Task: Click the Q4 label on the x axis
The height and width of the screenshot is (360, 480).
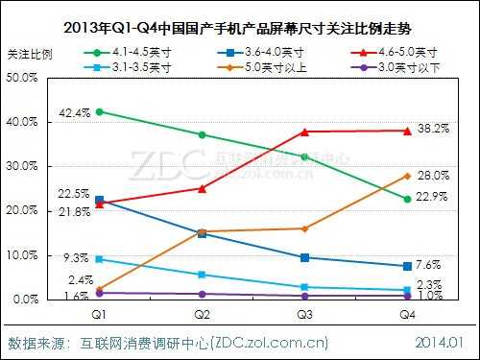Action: click(407, 315)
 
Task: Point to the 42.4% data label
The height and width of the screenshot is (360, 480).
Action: click(75, 113)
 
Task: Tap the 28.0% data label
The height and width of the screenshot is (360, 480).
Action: click(435, 176)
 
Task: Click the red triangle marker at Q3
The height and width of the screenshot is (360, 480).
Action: click(305, 132)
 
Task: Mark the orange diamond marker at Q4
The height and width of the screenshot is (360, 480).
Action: click(407, 176)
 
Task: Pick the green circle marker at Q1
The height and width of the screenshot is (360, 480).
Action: click(100, 111)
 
